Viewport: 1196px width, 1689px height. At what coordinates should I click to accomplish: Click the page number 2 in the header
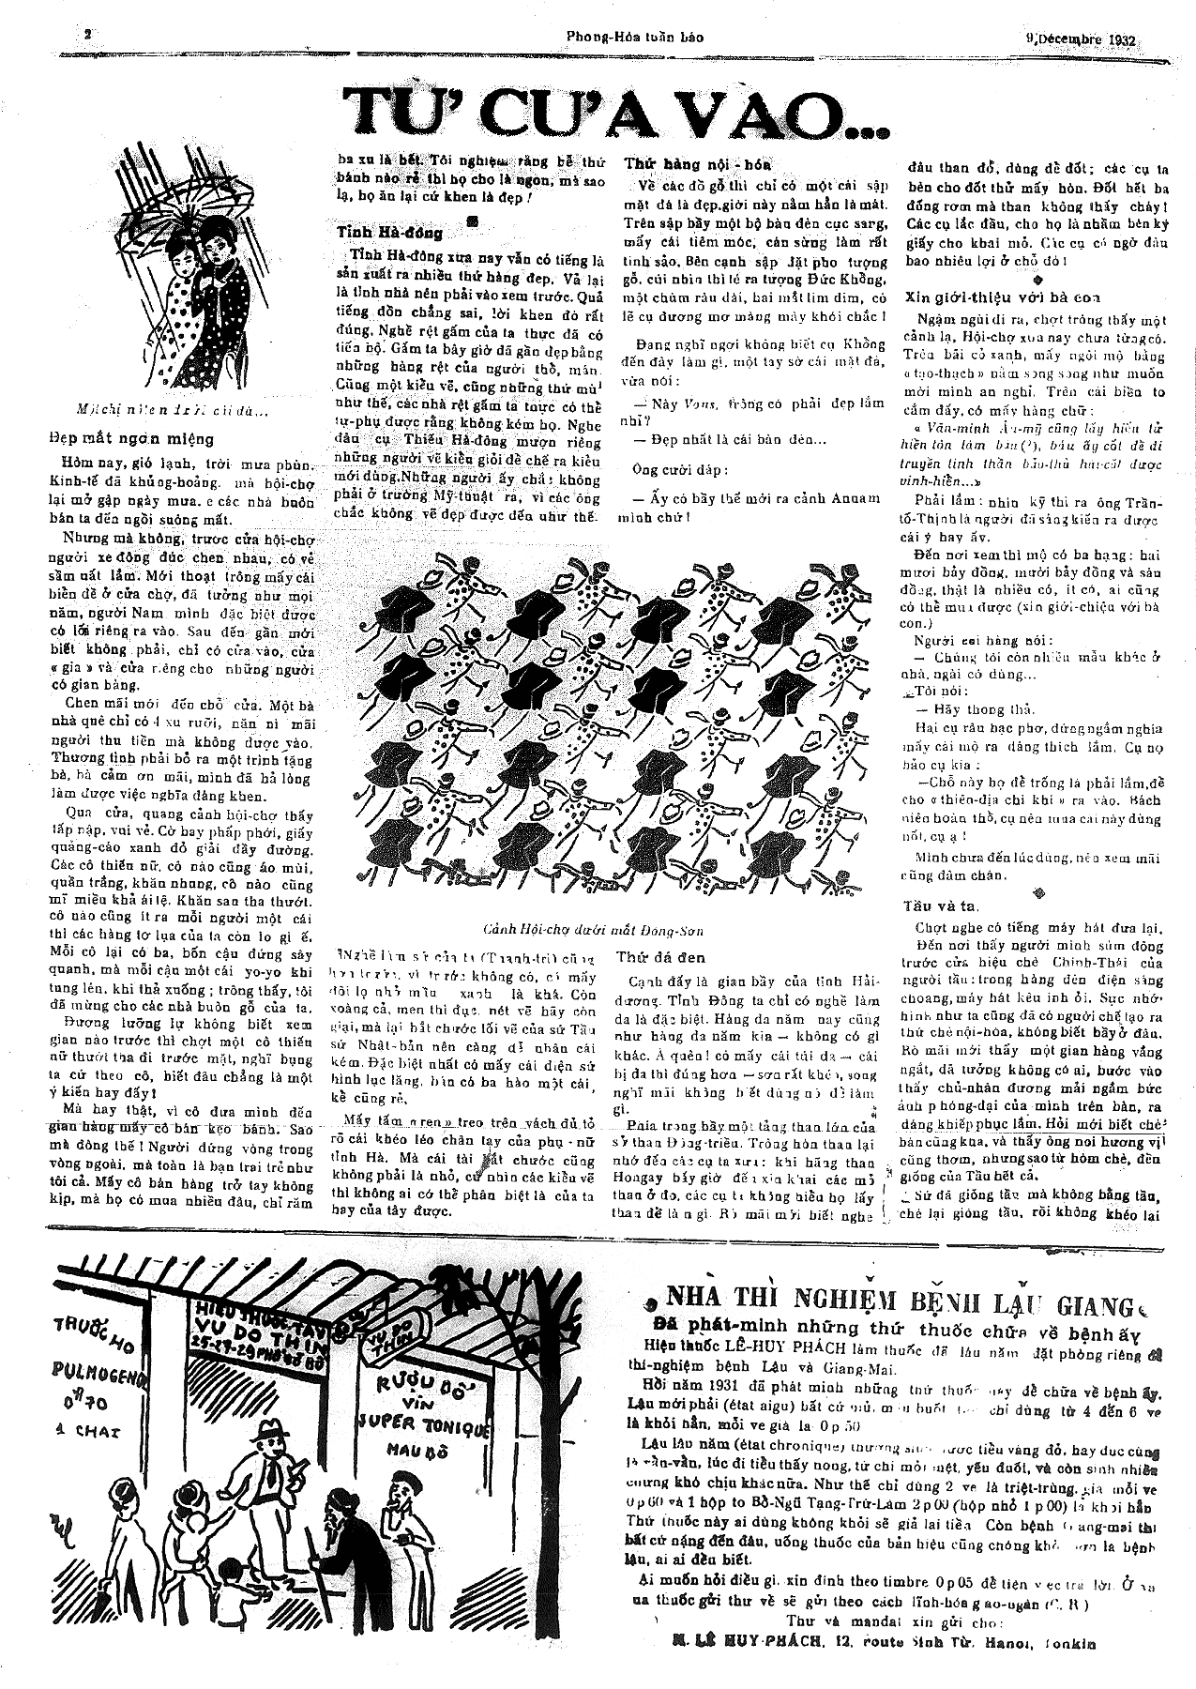86,36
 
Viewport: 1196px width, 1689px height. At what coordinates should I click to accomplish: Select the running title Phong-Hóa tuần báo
634,38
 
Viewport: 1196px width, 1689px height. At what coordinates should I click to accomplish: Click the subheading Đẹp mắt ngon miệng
131,438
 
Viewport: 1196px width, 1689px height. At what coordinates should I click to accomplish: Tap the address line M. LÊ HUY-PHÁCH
882,1642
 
